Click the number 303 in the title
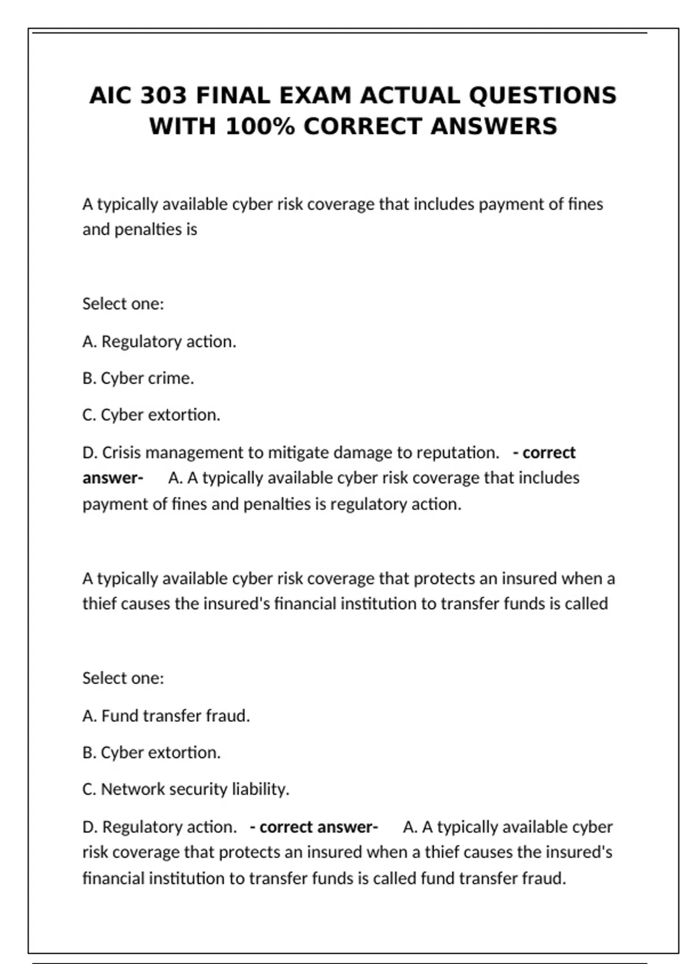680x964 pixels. (163, 95)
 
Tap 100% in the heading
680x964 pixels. (260, 126)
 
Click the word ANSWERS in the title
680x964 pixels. (494, 126)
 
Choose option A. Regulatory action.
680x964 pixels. (159, 341)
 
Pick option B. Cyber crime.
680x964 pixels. (138, 378)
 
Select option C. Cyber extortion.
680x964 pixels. (151, 415)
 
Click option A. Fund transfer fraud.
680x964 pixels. (166, 716)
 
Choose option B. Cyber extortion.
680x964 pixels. (151, 752)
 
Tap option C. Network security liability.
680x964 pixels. (186, 789)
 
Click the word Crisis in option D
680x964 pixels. (121, 453)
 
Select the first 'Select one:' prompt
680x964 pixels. (123, 304)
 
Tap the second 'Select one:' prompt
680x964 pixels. (123, 678)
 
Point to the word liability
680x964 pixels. (261, 789)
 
